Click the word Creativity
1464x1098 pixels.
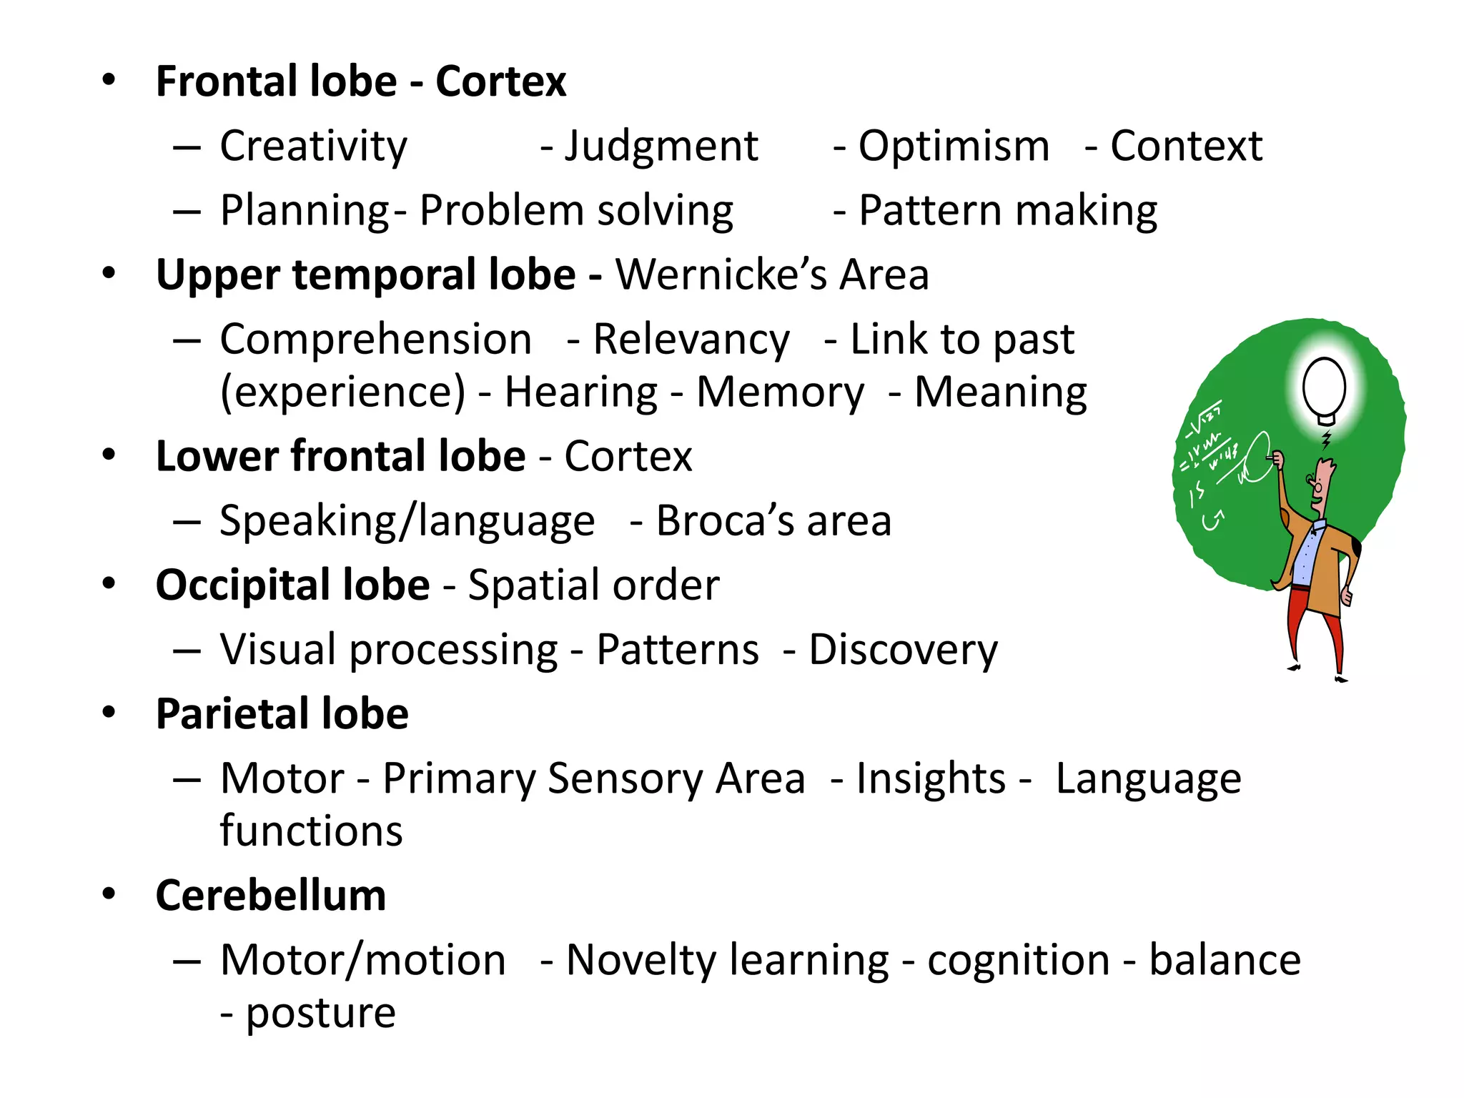(313, 147)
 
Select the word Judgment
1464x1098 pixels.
(661, 147)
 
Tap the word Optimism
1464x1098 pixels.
(954, 147)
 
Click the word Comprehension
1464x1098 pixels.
(375, 340)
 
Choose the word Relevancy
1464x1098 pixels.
(691, 340)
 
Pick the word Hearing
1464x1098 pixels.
(580, 392)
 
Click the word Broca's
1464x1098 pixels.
(725, 520)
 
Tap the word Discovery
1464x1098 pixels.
(903, 650)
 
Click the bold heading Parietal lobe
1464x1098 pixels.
(282, 714)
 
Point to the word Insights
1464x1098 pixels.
(931, 778)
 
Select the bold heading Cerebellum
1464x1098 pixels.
(271, 896)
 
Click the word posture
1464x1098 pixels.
(320, 1013)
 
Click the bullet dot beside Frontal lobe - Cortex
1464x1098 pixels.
(109, 80)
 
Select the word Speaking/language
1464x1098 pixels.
(407, 521)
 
